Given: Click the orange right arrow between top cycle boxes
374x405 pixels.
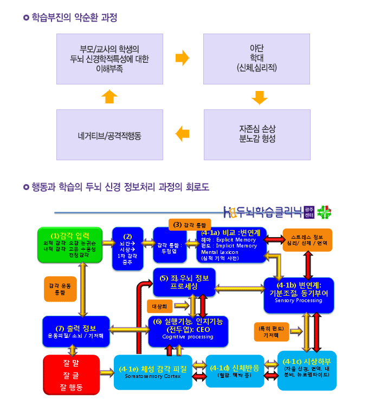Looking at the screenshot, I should coord(183,57).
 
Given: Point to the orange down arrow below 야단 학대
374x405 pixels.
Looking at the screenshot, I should coord(260,97).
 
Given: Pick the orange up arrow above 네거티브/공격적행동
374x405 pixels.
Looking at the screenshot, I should coord(109,96).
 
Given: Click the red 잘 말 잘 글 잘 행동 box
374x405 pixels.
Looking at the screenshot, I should coord(72,374).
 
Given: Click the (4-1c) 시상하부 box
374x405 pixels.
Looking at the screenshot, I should coord(310,370).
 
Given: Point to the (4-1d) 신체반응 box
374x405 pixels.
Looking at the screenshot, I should coord(234,371).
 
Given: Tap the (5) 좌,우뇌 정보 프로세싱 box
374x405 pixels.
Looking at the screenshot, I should coord(184,282).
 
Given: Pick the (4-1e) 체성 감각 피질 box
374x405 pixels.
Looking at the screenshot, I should coord(153,371).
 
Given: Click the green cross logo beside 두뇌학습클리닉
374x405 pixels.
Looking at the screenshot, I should coord(324,212).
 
